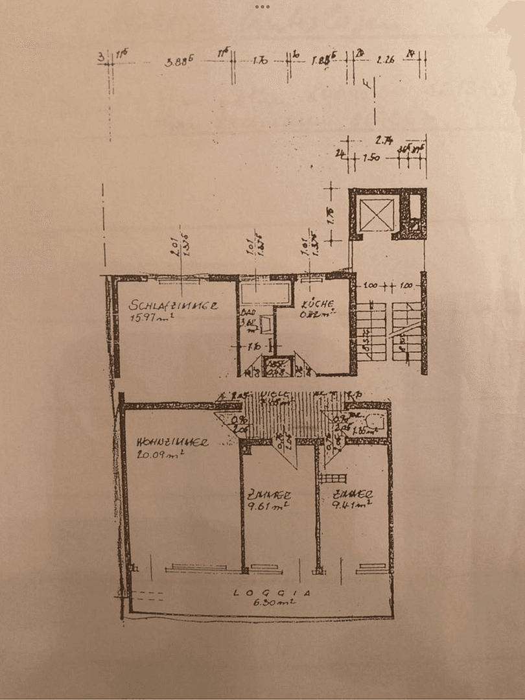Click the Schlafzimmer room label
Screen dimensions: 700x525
172,305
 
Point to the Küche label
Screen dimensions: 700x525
318,303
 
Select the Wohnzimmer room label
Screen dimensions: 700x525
172,443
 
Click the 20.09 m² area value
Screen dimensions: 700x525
159,454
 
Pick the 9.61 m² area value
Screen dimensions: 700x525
267,504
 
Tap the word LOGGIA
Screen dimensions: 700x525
272,592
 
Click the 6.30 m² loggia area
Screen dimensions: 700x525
275,602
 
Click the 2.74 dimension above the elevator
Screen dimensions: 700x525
386,140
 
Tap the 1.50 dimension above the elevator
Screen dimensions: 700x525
371,157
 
